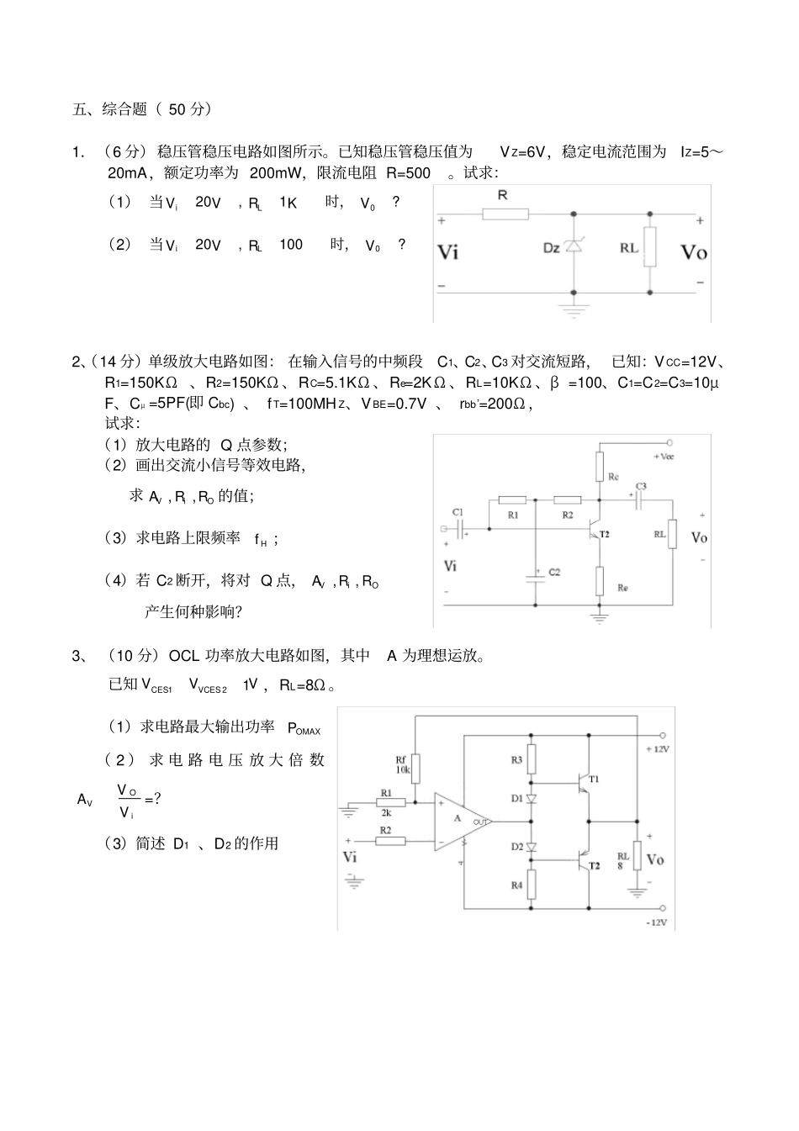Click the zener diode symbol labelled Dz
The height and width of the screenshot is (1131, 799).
pyautogui.click(x=574, y=246)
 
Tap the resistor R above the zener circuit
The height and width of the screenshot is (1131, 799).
pyautogui.click(x=505, y=214)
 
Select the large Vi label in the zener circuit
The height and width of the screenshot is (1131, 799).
pyautogui.click(x=448, y=251)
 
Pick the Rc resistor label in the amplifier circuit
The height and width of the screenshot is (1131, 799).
pyautogui.click(x=613, y=477)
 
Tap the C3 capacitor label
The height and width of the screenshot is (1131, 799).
pyautogui.click(x=641, y=487)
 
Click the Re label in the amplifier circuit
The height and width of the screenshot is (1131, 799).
pyautogui.click(x=622, y=588)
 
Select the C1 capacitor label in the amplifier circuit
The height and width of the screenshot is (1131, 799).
pyautogui.click(x=458, y=511)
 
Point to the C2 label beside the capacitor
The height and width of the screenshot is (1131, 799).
pyautogui.click(x=554, y=572)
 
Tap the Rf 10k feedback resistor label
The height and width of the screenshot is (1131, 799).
pyautogui.click(x=403, y=764)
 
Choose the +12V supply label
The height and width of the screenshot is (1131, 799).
pyautogui.click(x=657, y=748)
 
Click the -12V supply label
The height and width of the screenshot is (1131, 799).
pyautogui.click(x=657, y=922)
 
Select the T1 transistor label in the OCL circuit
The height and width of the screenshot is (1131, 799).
pyautogui.click(x=594, y=779)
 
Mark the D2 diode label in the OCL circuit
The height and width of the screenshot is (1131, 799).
pyautogui.click(x=517, y=847)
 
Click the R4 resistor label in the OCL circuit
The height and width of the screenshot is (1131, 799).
pyautogui.click(x=516, y=885)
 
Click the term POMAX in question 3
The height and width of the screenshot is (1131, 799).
pyautogui.click(x=304, y=729)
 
